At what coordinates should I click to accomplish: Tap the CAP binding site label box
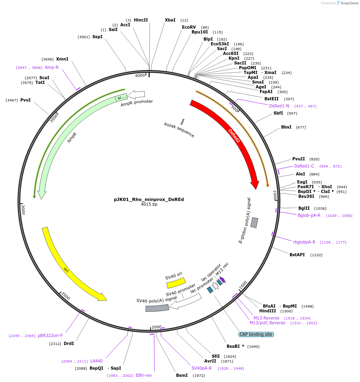(x=256, y=334)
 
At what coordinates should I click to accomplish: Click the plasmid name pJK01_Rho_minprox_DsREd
(x=149, y=199)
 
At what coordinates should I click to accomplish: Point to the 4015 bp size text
(x=149, y=205)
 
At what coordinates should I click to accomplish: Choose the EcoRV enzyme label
(x=189, y=27)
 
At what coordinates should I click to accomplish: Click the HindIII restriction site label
(x=267, y=311)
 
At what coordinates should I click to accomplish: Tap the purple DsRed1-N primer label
(x=279, y=106)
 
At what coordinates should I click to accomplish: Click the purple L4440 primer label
(x=96, y=361)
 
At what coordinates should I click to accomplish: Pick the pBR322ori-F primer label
(x=50, y=335)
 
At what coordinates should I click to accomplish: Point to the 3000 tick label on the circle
(x=23, y=209)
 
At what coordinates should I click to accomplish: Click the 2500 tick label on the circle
(x=66, y=296)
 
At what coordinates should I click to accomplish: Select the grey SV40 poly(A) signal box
(x=157, y=308)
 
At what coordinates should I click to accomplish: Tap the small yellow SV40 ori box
(x=176, y=283)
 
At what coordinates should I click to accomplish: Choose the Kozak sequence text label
(x=179, y=130)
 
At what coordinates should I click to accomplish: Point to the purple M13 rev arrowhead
(x=223, y=280)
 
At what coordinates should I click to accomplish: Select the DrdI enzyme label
(x=68, y=343)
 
